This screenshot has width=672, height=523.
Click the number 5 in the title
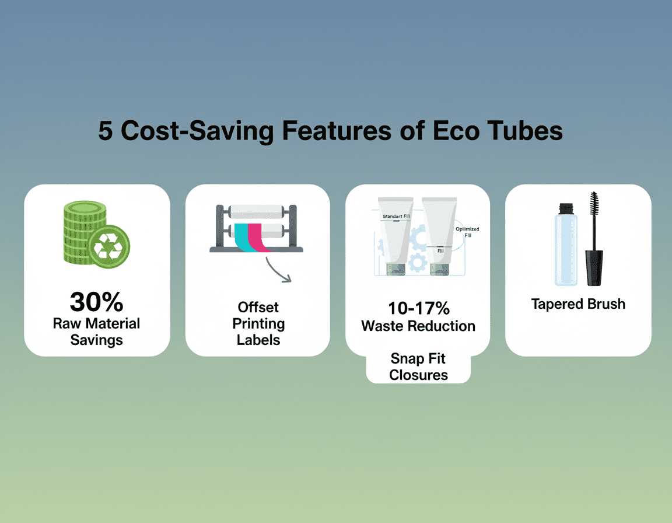click(x=106, y=131)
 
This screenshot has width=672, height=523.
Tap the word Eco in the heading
click(x=456, y=131)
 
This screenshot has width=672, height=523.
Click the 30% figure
click(x=96, y=302)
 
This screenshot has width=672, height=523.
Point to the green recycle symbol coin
click(x=109, y=247)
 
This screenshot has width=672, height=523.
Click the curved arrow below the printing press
click(x=277, y=270)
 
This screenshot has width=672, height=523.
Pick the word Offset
click(x=258, y=308)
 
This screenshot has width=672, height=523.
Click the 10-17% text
click(x=419, y=308)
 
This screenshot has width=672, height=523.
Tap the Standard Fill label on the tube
click(x=396, y=217)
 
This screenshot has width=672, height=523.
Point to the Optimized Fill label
click(x=467, y=232)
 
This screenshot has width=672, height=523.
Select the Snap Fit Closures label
click(x=418, y=367)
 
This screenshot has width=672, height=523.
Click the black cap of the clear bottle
click(x=566, y=209)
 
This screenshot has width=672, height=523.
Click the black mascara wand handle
click(x=594, y=268)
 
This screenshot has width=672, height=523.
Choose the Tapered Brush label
click(x=578, y=304)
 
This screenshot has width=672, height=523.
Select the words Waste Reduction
click(x=418, y=326)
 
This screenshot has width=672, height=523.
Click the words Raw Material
click(x=96, y=323)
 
